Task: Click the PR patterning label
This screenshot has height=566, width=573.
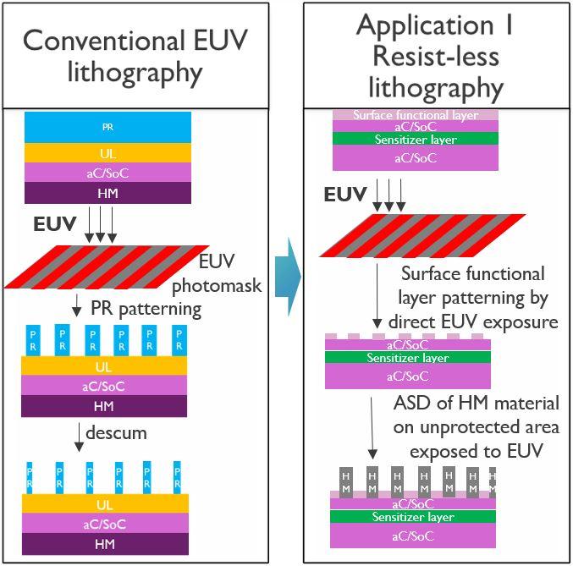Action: coord(148,308)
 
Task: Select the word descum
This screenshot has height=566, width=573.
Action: coord(123,434)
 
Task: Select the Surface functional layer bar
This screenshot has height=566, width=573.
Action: coord(415,115)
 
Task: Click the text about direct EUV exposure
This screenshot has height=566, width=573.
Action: coord(473,298)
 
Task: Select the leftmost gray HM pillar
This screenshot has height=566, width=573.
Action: coord(346,482)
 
